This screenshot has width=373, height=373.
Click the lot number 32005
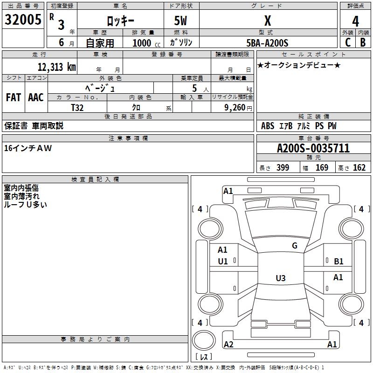coord(23,20)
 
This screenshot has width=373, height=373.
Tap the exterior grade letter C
coord(347,42)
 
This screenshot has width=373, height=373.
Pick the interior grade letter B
coord(363,42)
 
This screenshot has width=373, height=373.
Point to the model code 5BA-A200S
coord(268,43)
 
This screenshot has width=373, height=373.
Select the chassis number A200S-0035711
coord(313,149)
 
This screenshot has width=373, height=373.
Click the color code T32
coord(77,107)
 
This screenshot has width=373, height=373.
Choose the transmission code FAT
coord(14,97)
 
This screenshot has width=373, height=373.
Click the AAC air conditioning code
coord(36,97)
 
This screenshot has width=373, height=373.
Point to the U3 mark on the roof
coord(280,278)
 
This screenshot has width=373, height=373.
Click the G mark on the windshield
coord(294,246)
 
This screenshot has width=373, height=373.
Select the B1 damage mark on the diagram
coord(338,262)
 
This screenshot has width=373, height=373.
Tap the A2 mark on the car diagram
coord(228,344)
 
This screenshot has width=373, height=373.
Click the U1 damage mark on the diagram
coord(223,262)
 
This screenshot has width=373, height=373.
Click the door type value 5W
coord(181,21)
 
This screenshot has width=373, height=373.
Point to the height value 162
coord(359,168)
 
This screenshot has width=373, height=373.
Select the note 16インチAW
coord(28,148)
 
